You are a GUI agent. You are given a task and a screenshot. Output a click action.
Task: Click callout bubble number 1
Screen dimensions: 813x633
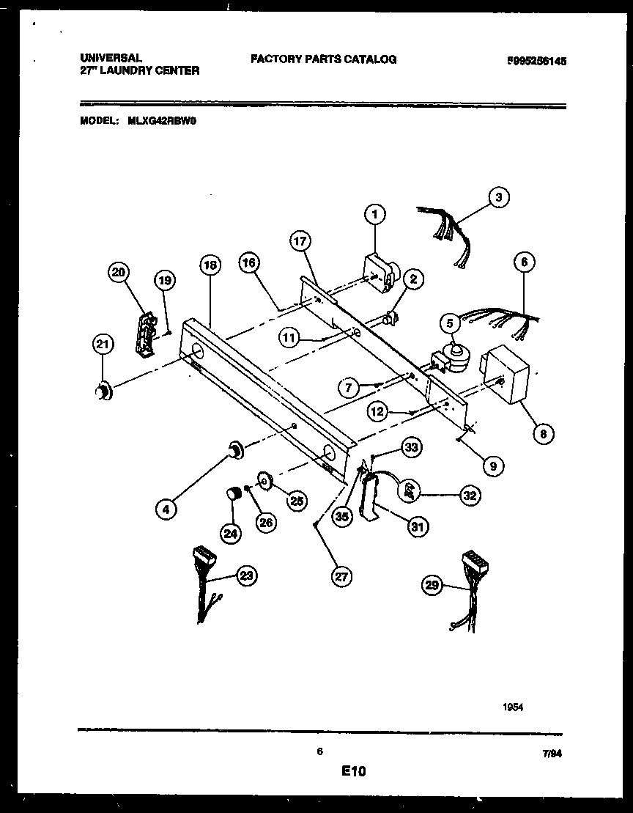pos(374,214)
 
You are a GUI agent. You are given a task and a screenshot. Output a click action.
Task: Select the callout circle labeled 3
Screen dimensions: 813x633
pos(498,197)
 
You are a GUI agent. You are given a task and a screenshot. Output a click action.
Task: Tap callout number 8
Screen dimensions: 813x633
pos(543,434)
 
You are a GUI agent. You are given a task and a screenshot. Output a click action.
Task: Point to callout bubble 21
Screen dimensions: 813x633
pos(103,344)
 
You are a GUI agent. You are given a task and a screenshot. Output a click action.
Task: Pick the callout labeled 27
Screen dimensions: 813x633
pos(341,577)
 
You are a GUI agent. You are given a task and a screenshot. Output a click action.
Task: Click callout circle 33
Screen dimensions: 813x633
pos(412,448)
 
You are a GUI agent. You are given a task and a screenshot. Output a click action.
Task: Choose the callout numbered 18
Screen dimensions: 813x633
pos(210,266)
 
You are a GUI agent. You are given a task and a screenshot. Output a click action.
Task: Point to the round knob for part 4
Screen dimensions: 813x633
pos(236,449)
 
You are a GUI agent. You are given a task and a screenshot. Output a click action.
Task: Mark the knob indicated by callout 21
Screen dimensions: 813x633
pos(104,392)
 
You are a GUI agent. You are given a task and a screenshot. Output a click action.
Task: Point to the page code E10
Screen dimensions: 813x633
pos(352,771)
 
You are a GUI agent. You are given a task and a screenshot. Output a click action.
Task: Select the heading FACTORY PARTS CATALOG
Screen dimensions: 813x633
pos(323,59)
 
